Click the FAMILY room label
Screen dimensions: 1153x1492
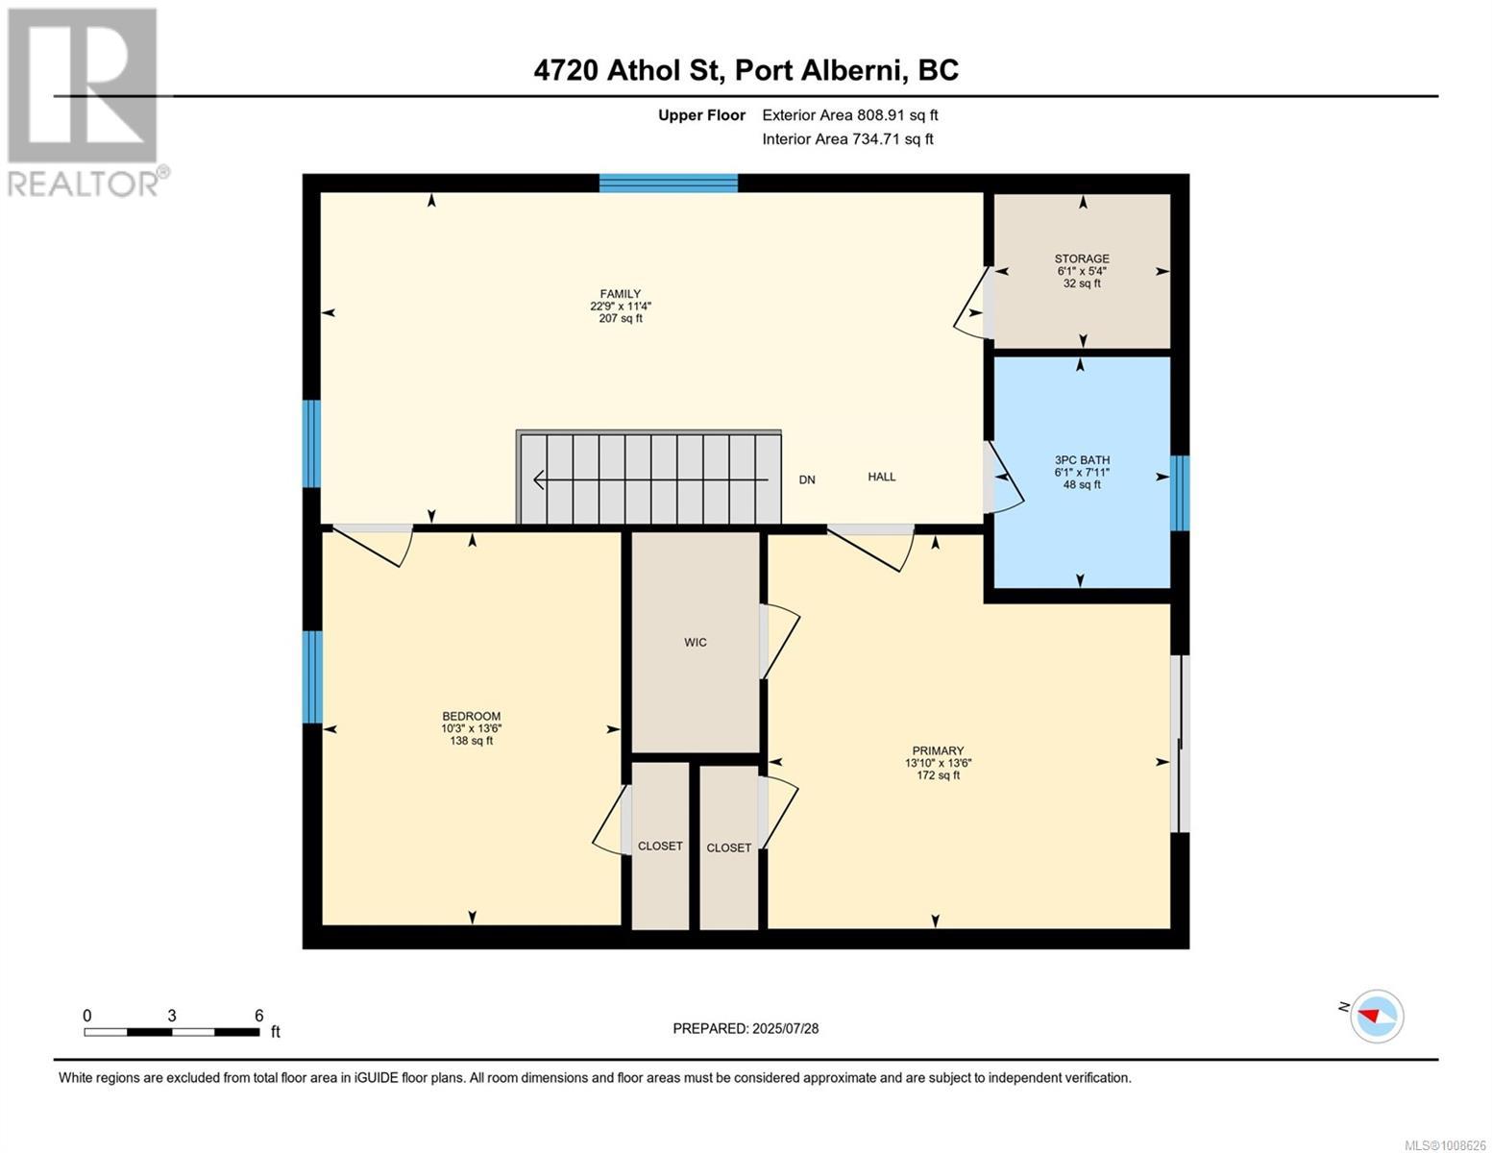coord(620,294)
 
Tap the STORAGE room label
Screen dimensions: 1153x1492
coord(1082,258)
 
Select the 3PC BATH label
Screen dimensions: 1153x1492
coord(1082,460)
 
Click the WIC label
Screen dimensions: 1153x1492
coord(696,643)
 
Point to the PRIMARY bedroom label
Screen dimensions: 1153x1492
coord(938,751)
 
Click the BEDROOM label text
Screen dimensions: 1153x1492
coord(471,717)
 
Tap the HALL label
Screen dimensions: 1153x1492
coord(881,477)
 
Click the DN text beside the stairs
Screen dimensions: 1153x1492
coord(807,479)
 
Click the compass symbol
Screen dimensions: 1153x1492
coord(1377,1016)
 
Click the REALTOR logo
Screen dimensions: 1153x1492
coord(85,101)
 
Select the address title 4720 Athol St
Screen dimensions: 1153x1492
coord(746,70)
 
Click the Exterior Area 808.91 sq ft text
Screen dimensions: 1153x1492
coord(849,115)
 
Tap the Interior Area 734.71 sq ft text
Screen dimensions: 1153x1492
coord(847,139)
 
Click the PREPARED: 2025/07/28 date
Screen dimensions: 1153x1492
coord(746,1028)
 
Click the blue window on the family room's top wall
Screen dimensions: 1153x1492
coord(668,184)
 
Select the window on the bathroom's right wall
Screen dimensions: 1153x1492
coord(1180,492)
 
